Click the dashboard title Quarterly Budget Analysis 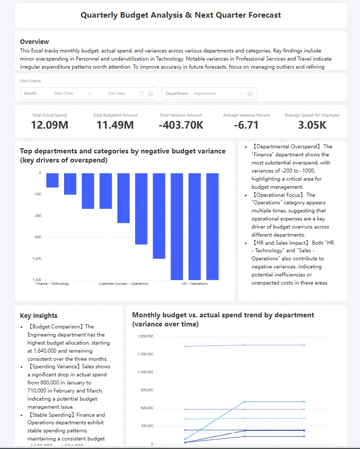pyautogui.click(x=181, y=15)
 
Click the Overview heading pyautogui.click(x=34, y=41)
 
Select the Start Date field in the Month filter pyautogui.click(x=64, y=93)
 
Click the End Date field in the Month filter pyautogui.click(x=116, y=93)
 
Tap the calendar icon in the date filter pyautogui.click(x=142, y=93)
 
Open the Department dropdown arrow pyautogui.click(x=241, y=93)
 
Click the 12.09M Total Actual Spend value pyautogui.click(x=49, y=125)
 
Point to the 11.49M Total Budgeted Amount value pyautogui.click(x=115, y=125)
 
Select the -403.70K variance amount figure pyautogui.click(x=181, y=125)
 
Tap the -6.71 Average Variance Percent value pyautogui.click(x=246, y=125)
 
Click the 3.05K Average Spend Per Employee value pyautogui.click(x=312, y=125)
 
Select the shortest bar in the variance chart pyautogui.click(x=52, y=180)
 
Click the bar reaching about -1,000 pyautogui.click(x=141, y=208)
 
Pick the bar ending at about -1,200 pyautogui.click(x=159, y=215)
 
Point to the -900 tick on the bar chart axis pyautogui.click(x=37, y=237)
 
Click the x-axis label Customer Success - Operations pyautogui.click(x=124, y=284)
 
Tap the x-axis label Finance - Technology pyautogui.click(x=52, y=284)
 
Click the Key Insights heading pyautogui.click(x=39, y=316)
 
